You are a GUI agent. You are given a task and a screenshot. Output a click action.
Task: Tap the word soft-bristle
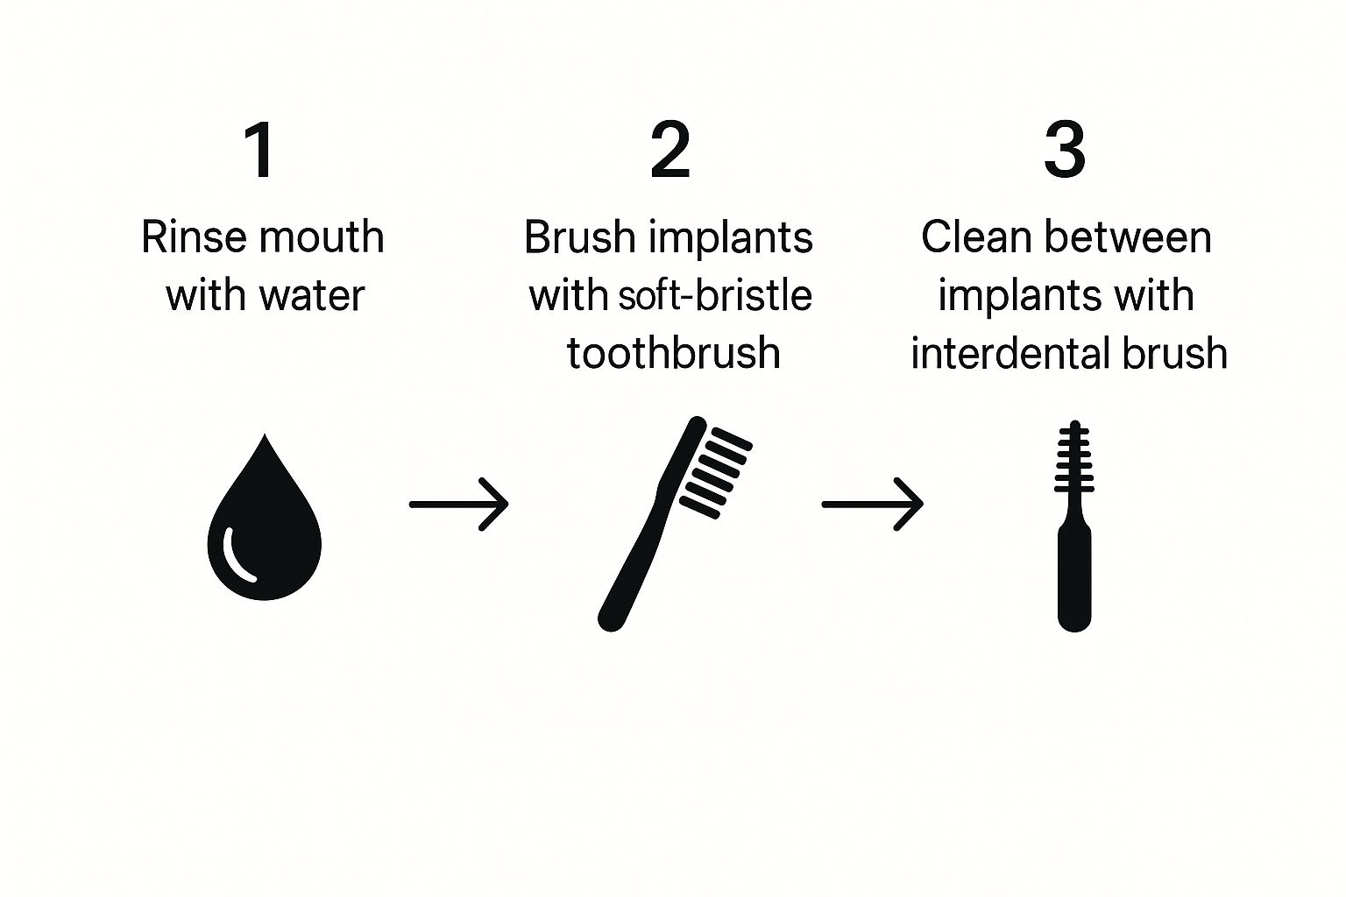click(715, 294)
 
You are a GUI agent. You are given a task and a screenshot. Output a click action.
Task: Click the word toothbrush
click(674, 353)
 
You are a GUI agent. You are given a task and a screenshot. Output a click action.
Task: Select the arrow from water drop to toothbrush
click(459, 504)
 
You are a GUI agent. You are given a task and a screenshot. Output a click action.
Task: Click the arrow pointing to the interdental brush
click(873, 504)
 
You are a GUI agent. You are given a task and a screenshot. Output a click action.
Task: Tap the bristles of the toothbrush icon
click(716, 473)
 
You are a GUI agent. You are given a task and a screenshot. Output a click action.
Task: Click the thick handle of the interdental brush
click(1074, 576)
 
